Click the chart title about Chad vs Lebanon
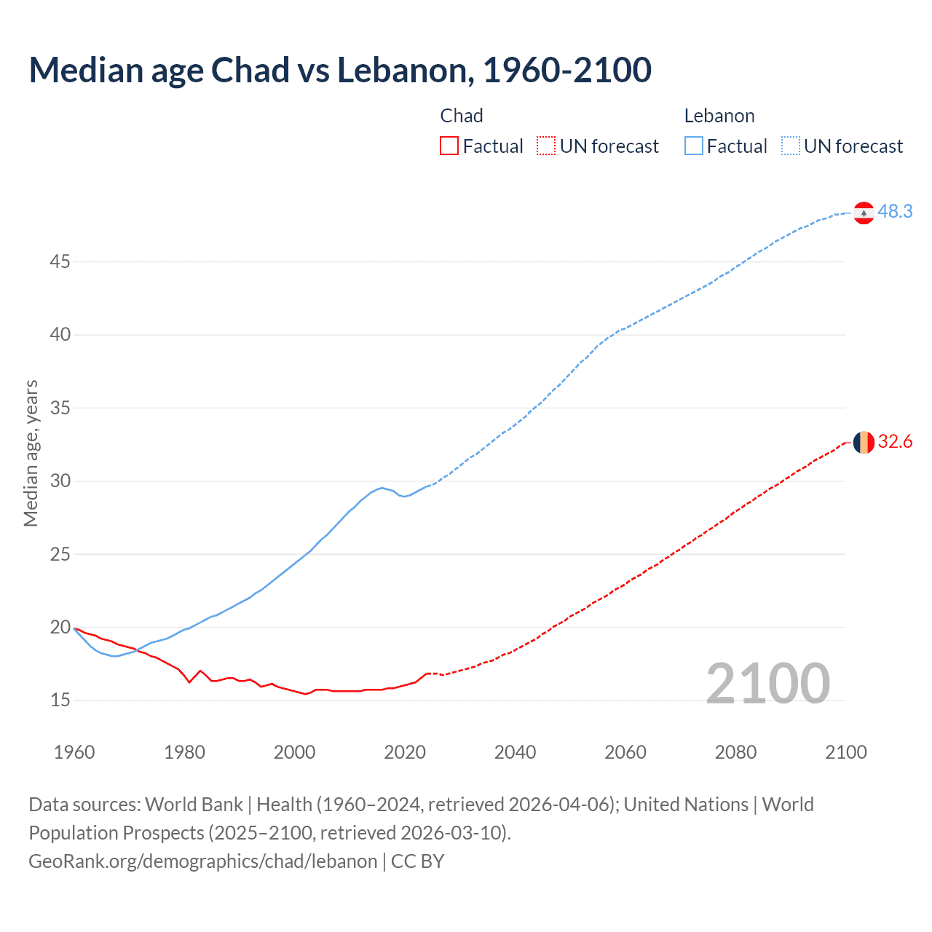point(340,70)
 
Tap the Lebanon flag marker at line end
point(864,213)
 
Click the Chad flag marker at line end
point(864,442)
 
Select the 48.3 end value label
point(895,211)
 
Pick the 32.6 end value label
point(895,442)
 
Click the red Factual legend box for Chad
point(449,146)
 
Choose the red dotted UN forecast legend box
point(546,146)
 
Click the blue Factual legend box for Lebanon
point(693,146)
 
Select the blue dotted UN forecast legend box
point(790,146)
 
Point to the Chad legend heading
point(462,116)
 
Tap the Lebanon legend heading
point(719,116)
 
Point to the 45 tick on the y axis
point(60,261)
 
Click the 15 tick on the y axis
point(60,700)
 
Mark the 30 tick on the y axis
point(60,481)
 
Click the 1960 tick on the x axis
point(74,752)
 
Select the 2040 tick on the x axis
point(515,752)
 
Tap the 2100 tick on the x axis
point(845,752)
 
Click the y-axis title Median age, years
point(31,453)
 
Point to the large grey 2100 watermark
point(767,684)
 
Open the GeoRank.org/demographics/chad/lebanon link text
point(203,861)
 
